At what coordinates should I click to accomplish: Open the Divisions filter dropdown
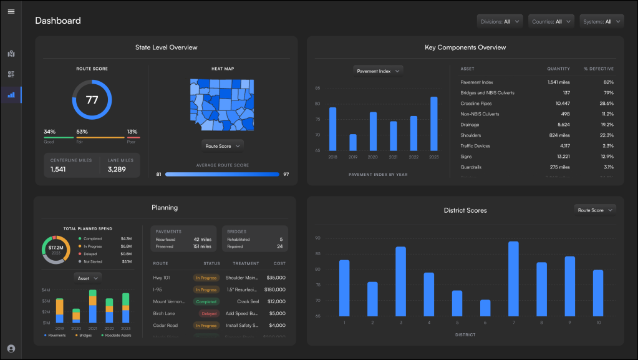coord(500,22)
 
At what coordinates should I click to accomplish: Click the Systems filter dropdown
coord(601,22)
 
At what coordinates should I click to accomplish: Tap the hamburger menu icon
coord(11,12)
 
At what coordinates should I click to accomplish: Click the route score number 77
coord(92,100)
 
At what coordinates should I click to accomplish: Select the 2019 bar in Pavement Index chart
coord(353,142)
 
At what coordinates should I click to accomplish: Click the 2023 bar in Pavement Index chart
coord(433,124)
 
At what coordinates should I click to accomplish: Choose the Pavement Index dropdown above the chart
coord(378,71)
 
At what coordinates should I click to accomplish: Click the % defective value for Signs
coord(607,156)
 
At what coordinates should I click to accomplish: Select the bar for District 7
coord(513,278)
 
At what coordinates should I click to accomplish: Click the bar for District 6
coord(485,308)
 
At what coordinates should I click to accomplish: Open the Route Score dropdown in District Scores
coord(595,210)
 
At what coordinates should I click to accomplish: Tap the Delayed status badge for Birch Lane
coord(208,314)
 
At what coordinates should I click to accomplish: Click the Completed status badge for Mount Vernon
coord(206,301)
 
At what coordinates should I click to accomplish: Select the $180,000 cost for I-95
coord(274,289)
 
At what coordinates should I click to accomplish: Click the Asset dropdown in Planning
coord(87,278)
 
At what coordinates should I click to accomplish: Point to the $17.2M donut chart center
coord(56,250)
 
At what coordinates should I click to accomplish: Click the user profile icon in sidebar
coord(11,349)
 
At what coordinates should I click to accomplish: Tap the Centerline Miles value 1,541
coord(58,169)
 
